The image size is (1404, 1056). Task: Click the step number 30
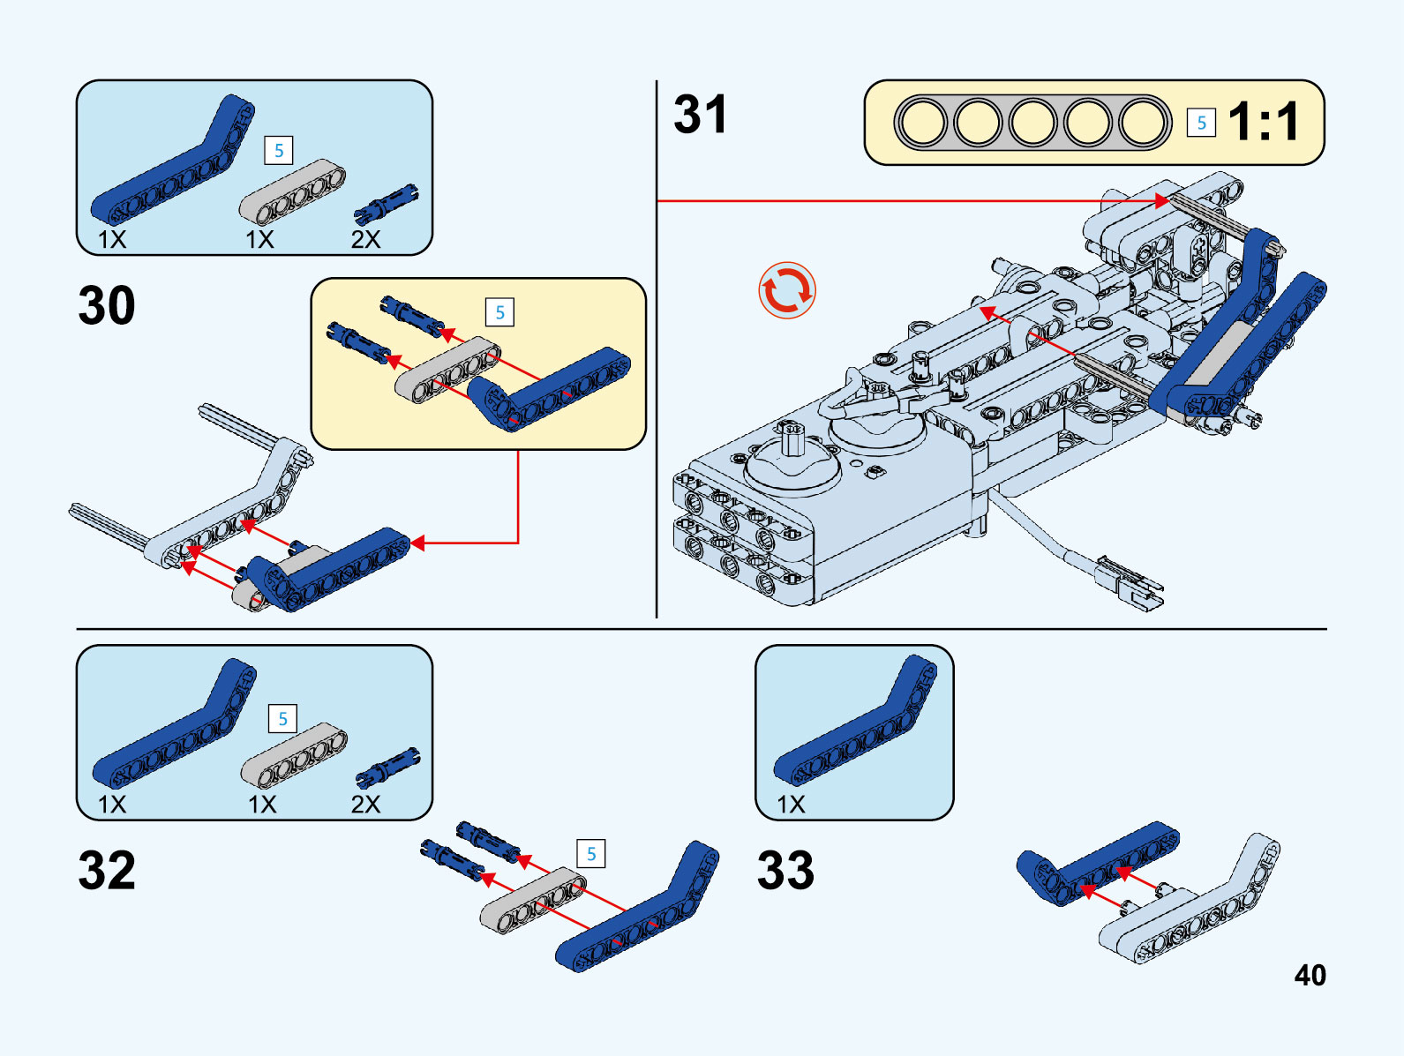(107, 306)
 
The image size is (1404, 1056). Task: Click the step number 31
(700, 116)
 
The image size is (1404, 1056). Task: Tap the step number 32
(107, 871)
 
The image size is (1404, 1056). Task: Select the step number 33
(785, 871)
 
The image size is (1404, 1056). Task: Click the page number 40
(1310, 975)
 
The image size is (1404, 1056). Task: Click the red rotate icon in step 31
(786, 290)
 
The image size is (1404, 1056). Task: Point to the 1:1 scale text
(1264, 122)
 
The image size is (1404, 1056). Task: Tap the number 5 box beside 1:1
(1201, 123)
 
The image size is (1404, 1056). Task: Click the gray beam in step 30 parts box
(292, 191)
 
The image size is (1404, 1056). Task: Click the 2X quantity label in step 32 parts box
(365, 805)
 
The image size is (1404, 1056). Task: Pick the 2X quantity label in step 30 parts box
(365, 240)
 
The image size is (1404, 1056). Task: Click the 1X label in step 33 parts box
(791, 805)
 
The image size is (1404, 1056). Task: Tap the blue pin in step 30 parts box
(386, 204)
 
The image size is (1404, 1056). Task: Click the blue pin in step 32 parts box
(387, 768)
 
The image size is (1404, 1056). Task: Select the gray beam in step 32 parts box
(294, 755)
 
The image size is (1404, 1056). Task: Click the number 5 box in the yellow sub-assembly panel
(499, 312)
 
